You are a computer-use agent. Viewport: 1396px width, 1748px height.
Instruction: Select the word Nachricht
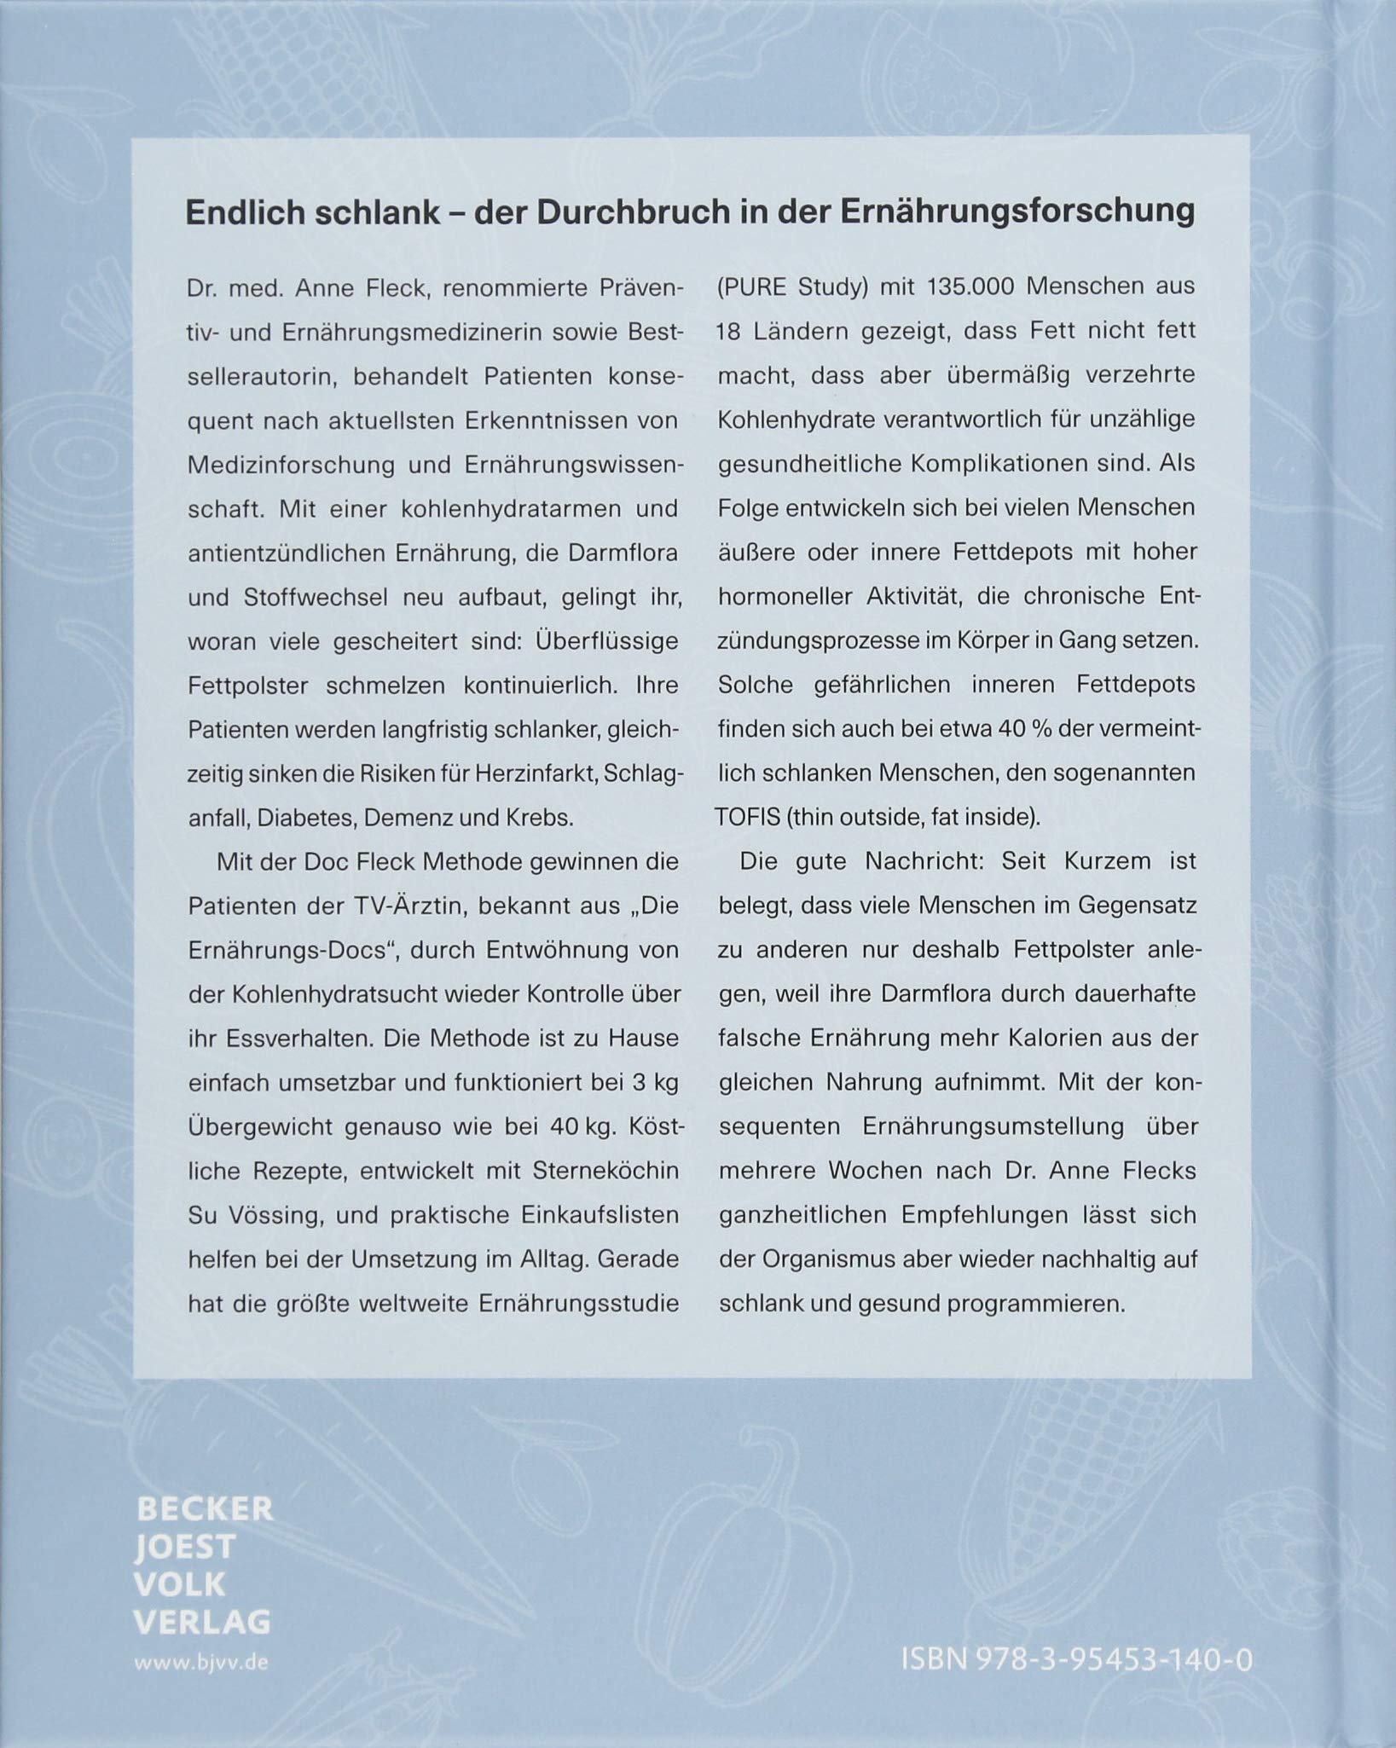click(x=925, y=861)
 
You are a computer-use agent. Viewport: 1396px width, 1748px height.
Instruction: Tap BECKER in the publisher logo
click(x=205, y=1509)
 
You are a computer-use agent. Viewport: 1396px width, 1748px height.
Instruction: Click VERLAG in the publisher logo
click(x=203, y=1622)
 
